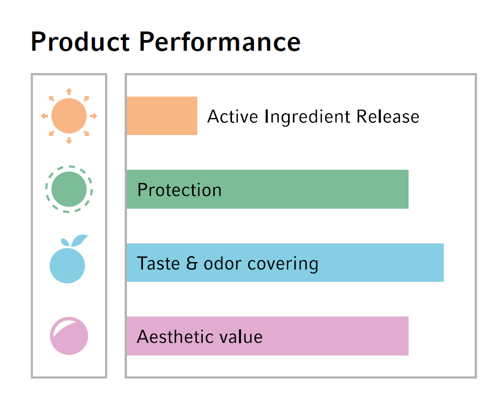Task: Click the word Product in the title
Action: (80, 42)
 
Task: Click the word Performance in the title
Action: (220, 42)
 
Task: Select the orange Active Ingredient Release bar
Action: (162, 116)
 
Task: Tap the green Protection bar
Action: (268, 189)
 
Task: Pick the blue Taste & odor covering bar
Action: (285, 263)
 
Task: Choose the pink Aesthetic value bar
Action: (268, 336)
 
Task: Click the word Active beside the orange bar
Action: (233, 116)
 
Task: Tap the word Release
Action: (388, 116)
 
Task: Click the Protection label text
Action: (179, 190)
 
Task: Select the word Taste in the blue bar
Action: (158, 263)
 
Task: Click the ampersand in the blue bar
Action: (191, 263)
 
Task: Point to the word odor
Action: (222, 263)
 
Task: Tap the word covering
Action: (283, 265)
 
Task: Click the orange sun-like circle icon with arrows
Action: (69, 116)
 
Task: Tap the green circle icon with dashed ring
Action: (69, 189)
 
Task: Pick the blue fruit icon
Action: (68, 259)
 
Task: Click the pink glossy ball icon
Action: (69, 336)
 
